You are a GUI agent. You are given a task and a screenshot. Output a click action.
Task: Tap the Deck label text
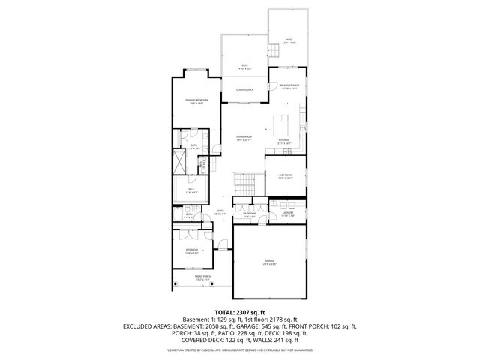[x=244, y=66]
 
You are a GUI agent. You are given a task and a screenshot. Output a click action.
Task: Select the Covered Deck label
[x=244, y=89]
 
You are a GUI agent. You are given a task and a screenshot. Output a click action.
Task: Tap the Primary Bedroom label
[x=197, y=101]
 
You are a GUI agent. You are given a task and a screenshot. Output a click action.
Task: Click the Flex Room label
[x=286, y=176]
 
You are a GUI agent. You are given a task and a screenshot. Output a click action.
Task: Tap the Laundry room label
[x=287, y=215]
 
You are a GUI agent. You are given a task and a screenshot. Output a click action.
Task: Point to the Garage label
[x=269, y=262]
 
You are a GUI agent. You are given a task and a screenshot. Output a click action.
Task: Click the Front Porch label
[x=202, y=278]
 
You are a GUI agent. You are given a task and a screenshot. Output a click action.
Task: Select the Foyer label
[x=220, y=212]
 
